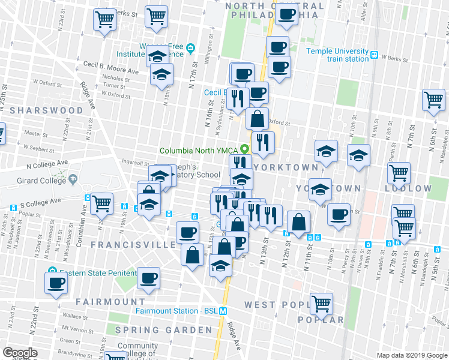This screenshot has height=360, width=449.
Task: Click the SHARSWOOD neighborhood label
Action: coord(46,110)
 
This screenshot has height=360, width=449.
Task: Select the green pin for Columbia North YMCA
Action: coord(244,149)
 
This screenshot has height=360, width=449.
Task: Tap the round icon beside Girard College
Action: coord(73,179)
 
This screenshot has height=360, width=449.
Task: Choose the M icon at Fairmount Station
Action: coord(223,311)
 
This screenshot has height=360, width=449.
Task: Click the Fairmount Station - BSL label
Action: coord(175,311)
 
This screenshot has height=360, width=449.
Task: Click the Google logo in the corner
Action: coord(20,353)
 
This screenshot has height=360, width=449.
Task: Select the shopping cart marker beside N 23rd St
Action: coord(104,20)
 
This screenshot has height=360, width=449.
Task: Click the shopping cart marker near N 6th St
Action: coord(433,100)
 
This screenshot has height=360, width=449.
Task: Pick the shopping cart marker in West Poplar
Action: coord(321,304)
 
